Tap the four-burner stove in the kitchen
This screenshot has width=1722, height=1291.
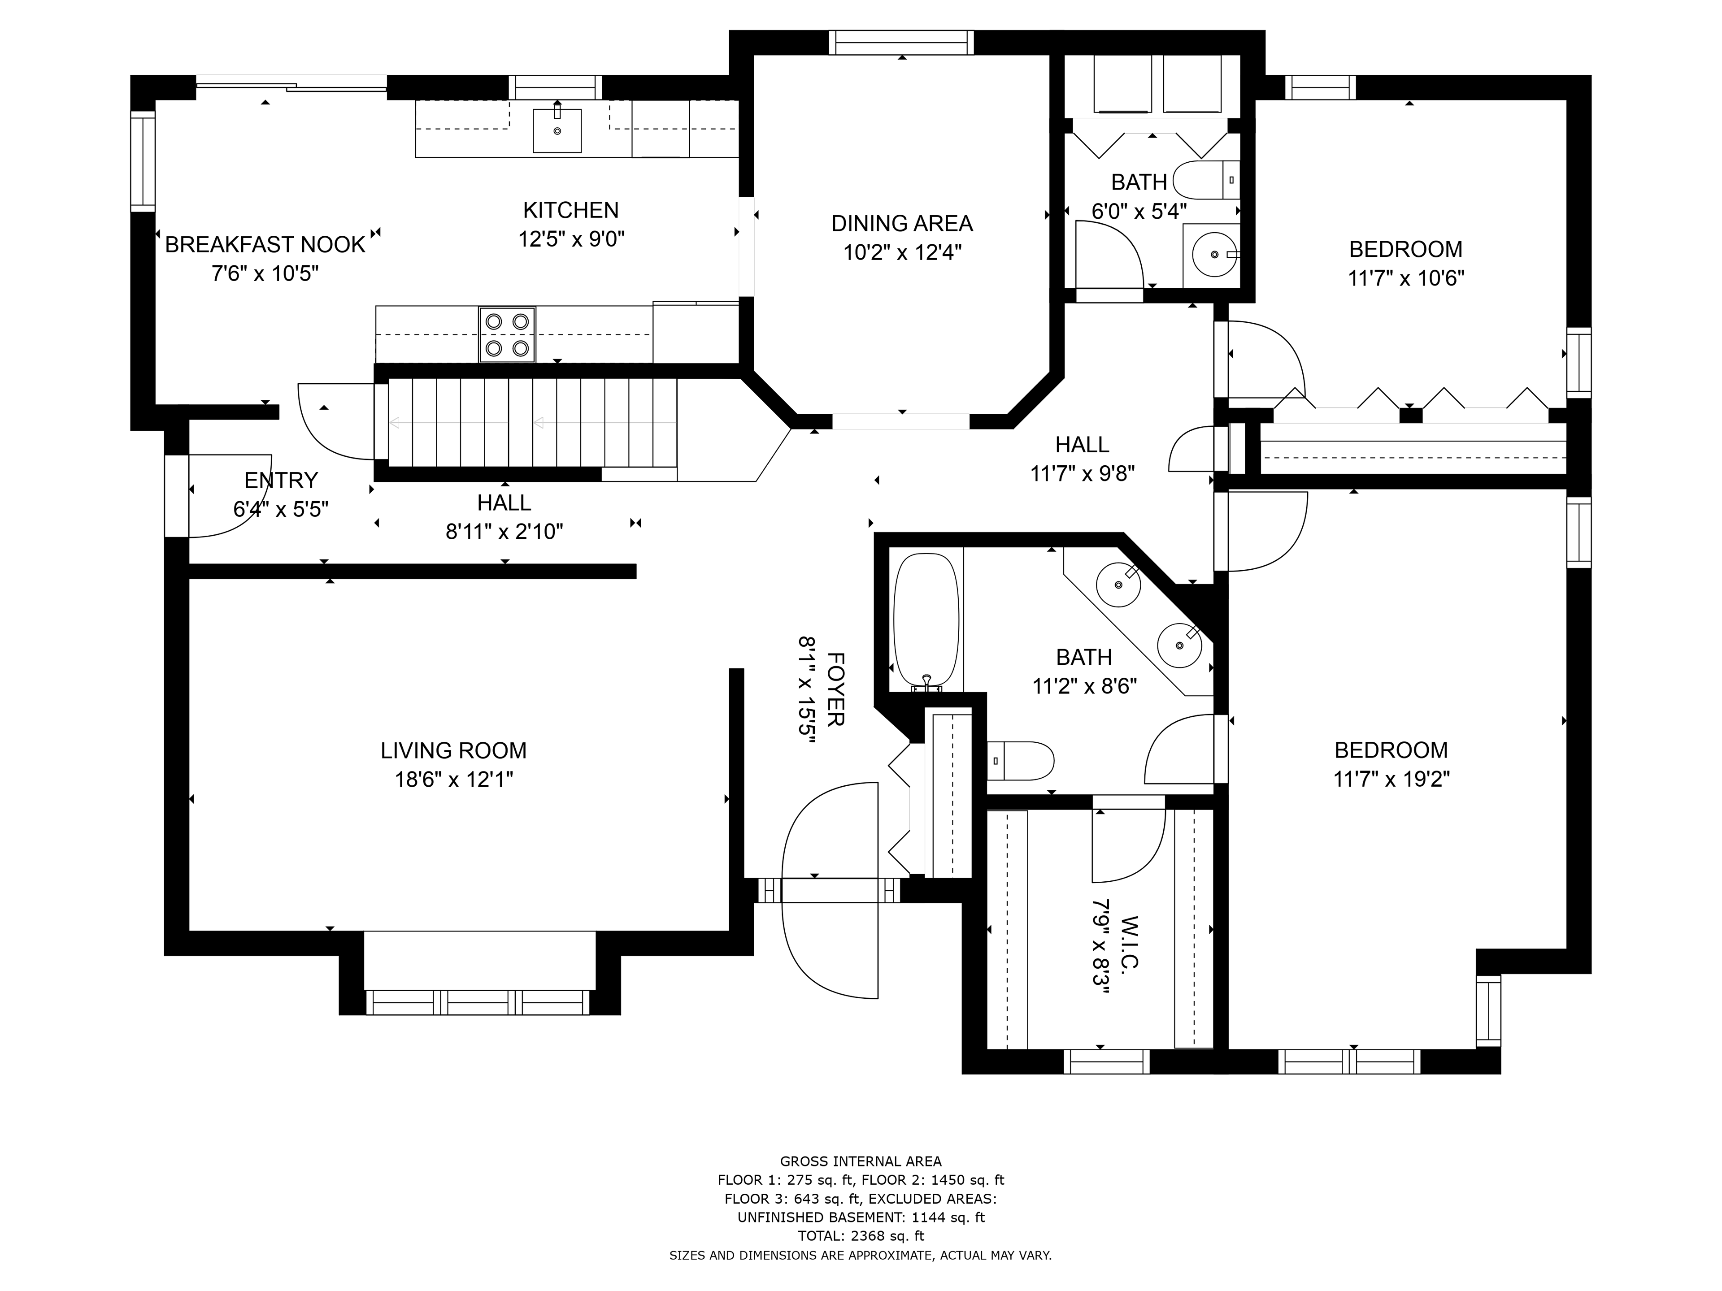[x=507, y=334]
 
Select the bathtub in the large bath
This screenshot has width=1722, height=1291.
[x=926, y=621]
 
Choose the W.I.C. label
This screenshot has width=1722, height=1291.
[x=1131, y=942]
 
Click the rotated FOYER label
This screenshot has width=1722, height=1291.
[x=835, y=689]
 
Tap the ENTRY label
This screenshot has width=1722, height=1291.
[x=281, y=480]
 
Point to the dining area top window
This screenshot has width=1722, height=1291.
[x=901, y=42]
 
